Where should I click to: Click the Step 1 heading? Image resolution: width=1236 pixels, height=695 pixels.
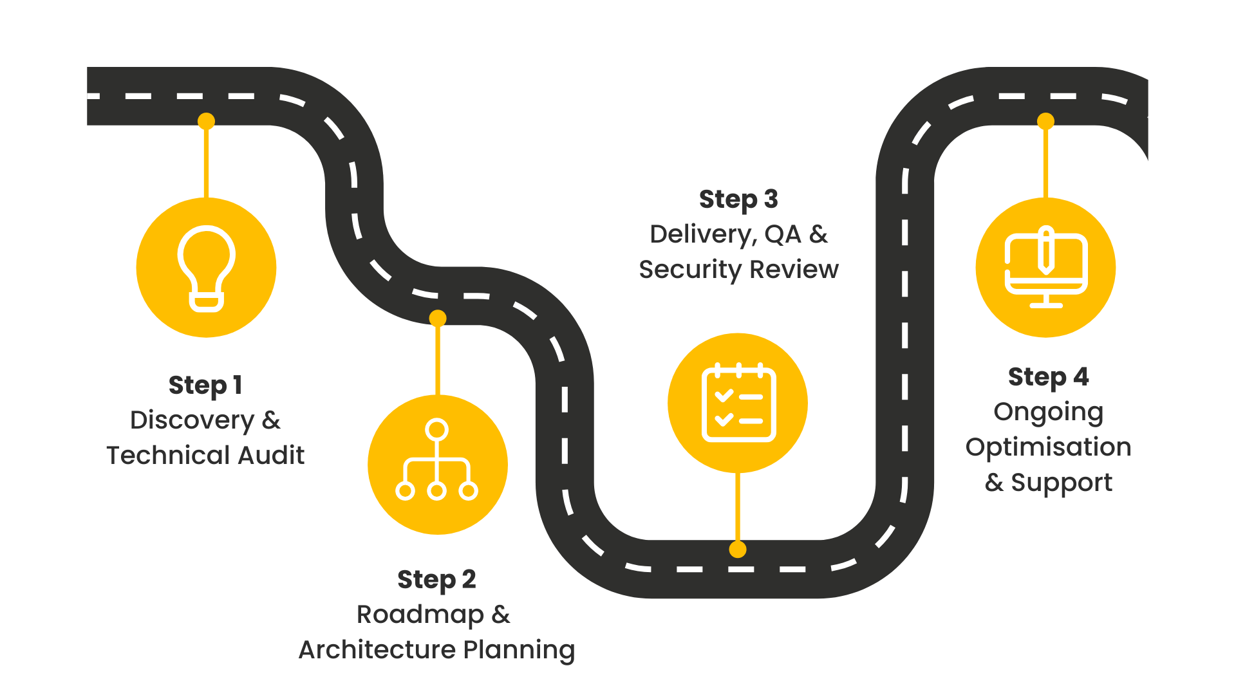[205, 385]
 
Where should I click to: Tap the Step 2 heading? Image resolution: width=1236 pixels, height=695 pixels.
[436, 579]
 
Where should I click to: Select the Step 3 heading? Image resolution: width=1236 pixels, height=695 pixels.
[738, 199]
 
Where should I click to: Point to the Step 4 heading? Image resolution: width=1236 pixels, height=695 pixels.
[1048, 377]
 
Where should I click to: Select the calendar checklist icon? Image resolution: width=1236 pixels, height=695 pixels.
[738, 403]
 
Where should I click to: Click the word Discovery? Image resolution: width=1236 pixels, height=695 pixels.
[192, 420]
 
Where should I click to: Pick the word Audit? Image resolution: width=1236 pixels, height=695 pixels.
[270, 456]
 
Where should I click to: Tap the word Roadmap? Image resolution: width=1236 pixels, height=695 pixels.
[420, 615]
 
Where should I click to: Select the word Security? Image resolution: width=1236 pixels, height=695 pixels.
[690, 269]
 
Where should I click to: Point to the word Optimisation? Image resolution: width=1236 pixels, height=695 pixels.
[1048, 447]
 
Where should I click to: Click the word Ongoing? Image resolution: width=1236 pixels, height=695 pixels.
[1048, 412]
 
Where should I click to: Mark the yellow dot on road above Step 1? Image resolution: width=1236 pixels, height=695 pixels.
[206, 121]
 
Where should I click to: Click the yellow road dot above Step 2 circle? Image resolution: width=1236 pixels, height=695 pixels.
[438, 318]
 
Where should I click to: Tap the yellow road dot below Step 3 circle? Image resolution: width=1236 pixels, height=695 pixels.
[738, 550]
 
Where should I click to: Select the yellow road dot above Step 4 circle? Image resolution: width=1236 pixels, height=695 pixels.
[1045, 121]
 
